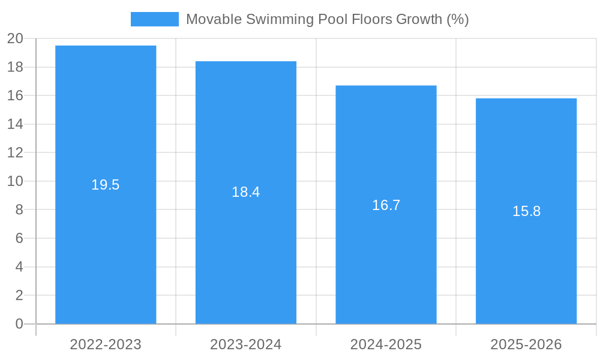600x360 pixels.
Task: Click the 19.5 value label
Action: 106,185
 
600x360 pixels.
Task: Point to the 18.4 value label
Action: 246,192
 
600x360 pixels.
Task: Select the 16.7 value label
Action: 386,205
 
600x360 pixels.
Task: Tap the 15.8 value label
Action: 526,211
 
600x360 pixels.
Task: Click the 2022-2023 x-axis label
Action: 106,344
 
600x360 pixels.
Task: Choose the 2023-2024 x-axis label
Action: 246,344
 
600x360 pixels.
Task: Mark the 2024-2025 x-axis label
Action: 386,344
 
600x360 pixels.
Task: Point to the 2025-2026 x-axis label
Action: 526,344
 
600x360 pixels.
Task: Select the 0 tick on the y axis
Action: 19,324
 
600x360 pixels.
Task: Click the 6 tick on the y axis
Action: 19,238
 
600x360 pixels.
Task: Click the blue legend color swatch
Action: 155,19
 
